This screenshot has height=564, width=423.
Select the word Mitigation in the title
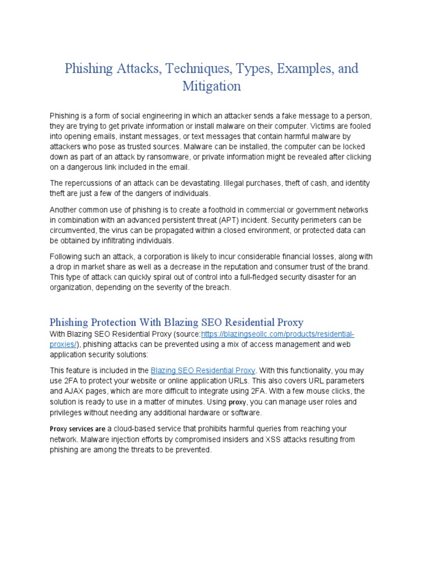[211, 86]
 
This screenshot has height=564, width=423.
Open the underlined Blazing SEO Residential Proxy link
[203, 371]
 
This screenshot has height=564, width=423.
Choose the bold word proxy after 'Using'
[238, 402]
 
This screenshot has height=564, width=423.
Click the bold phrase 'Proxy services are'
[78, 429]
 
